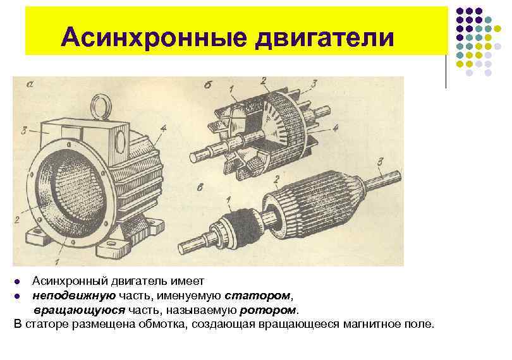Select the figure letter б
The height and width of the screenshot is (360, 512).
[207, 85]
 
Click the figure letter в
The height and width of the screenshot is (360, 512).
[200, 187]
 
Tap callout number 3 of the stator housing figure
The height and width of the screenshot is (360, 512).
[24, 131]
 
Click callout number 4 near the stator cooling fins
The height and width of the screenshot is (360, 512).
[163, 128]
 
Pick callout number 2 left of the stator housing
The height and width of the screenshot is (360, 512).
[17, 219]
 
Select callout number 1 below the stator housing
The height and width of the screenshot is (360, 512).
[58, 261]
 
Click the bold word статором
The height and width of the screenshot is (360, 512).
[257, 296]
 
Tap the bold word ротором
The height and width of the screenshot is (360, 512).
[268, 310]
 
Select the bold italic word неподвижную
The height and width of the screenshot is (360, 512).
[74, 296]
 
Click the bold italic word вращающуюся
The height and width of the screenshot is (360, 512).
[79, 310]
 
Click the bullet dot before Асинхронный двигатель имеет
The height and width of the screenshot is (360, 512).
[17, 281]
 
